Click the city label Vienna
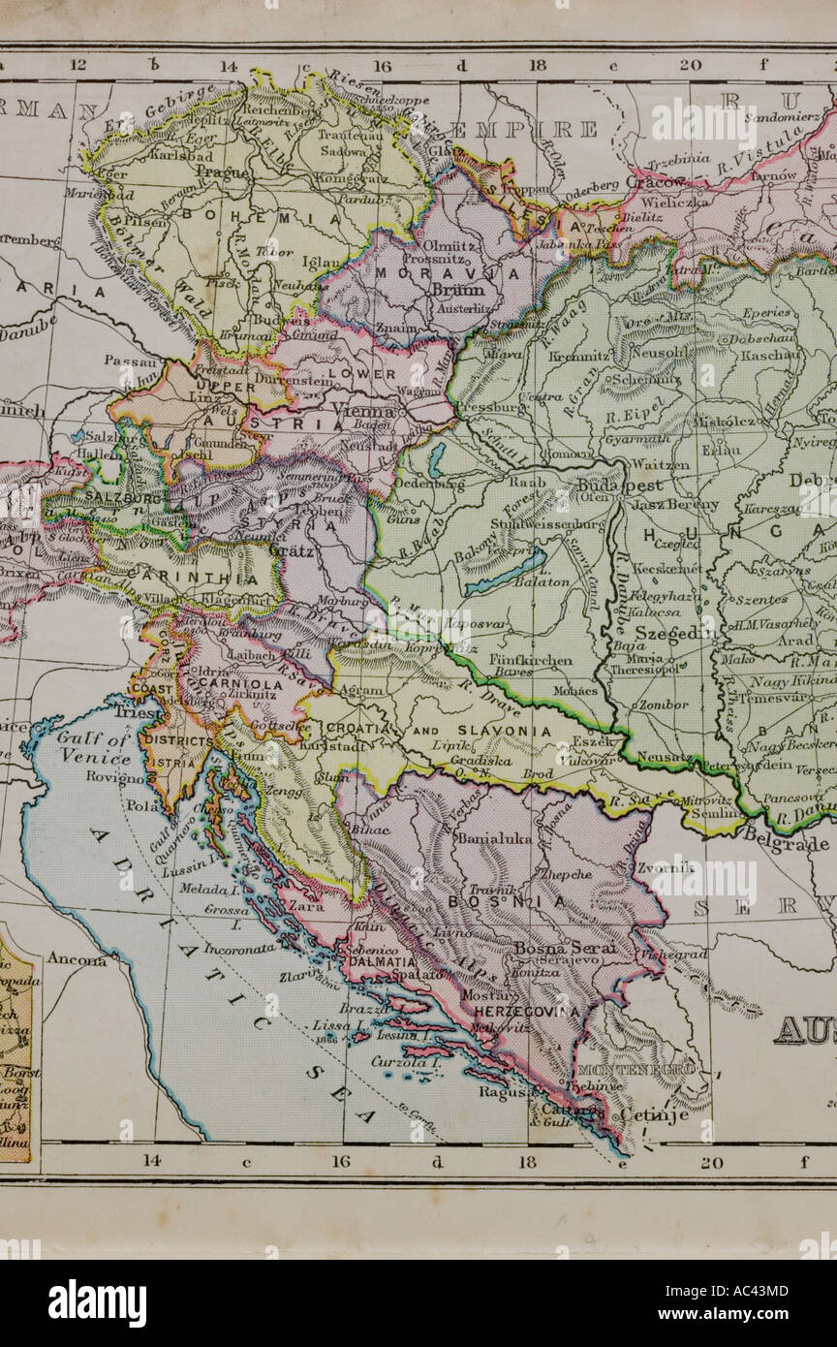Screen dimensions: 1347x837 pyautogui.click(x=364, y=411)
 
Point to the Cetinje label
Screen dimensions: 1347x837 pyautogui.click(x=654, y=1115)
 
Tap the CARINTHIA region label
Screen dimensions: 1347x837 pyautogui.click(x=205, y=579)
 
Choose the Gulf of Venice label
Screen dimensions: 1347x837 pyautogui.click(x=91, y=747)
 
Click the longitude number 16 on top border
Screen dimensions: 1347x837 pyautogui.click(x=382, y=66)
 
